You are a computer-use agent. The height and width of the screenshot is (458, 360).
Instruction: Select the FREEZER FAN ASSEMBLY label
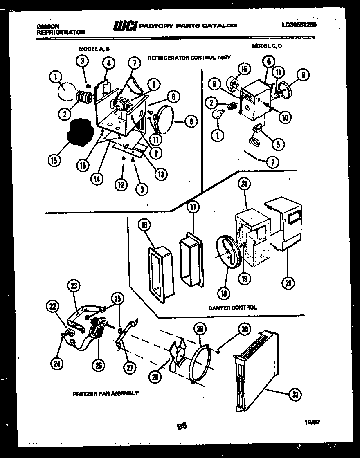(106, 393)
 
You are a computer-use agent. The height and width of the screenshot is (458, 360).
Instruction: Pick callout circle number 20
(245, 184)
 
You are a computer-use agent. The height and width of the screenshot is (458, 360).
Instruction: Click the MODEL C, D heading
(267, 46)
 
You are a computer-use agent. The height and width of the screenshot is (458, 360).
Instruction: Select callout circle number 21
(289, 283)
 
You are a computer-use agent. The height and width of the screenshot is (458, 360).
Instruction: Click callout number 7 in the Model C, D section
(273, 162)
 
